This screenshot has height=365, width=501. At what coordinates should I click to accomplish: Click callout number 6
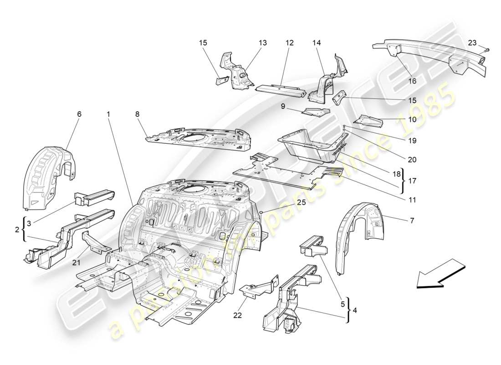tap(79, 114)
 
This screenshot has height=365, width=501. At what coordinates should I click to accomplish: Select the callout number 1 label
tap(109, 114)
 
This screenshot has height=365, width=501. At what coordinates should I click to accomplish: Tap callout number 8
tap(137, 114)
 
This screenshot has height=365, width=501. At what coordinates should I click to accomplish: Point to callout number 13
tap(263, 43)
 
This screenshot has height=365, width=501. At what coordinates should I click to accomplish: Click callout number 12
tap(290, 43)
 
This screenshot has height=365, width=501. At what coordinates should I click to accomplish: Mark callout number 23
tap(472, 42)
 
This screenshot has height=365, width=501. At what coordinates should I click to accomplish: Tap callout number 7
tap(412, 221)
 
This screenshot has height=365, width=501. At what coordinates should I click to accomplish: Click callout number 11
tap(412, 199)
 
